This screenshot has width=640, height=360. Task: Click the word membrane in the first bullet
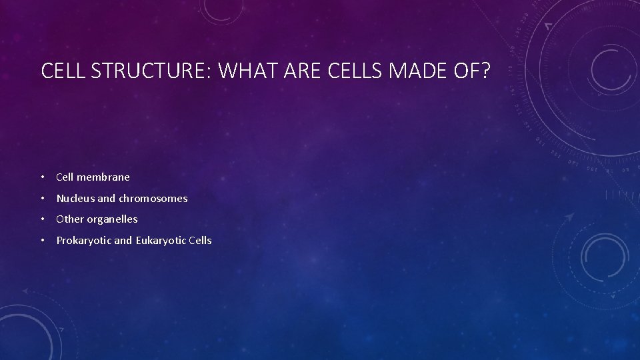(x=103, y=177)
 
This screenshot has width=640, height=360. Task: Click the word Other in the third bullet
(x=69, y=219)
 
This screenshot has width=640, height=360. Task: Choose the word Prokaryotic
(x=83, y=240)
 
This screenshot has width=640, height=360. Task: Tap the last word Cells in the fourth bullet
(x=200, y=240)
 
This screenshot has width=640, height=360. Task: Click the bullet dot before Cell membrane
(x=43, y=177)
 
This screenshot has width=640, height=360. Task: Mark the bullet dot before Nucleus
(x=43, y=198)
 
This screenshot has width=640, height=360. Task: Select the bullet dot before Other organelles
(x=43, y=219)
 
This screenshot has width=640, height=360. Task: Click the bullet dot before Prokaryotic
(x=43, y=240)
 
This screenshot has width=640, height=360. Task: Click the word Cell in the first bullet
(x=65, y=177)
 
